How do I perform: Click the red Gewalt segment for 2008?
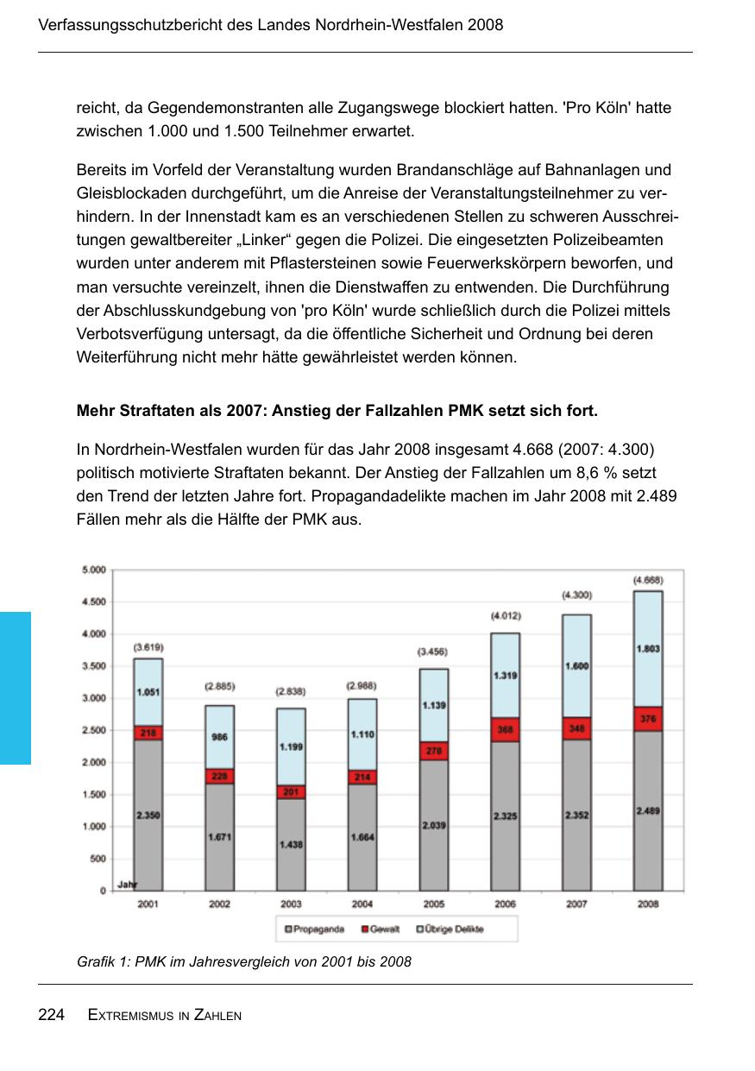[x=648, y=719]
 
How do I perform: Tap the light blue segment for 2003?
[x=291, y=746]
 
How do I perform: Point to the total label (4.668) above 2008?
[x=648, y=580]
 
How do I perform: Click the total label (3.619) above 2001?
[x=148, y=647]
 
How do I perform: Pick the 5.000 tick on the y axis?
[x=93, y=570]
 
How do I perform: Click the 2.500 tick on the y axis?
[x=93, y=730]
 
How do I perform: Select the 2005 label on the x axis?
[x=434, y=904]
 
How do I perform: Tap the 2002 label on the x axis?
[x=219, y=904]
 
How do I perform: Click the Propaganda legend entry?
[x=315, y=929]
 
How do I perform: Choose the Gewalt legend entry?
[x=380, y=929]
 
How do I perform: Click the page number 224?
[x=52, y=1015]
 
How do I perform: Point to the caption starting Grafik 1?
[x=244, y=961]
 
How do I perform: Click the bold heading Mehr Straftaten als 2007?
[x=337, y=411]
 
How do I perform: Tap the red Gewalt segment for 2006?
[x=506, y=729]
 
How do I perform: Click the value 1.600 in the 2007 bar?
[x=576, y=665]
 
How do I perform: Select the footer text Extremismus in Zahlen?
[x=165, y=1016]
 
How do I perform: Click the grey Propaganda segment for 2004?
[x=362, y=837]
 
